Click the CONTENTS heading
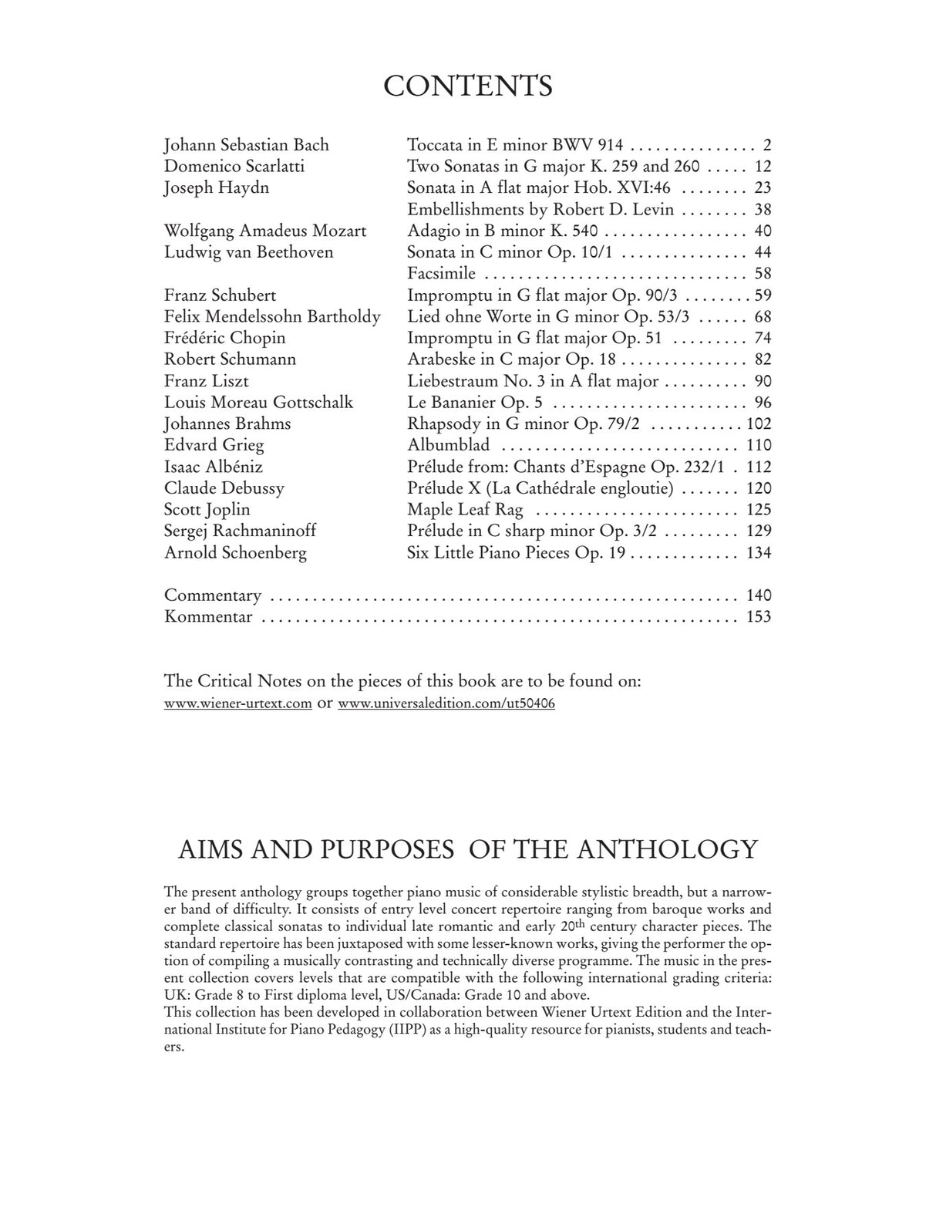tap(468, 86)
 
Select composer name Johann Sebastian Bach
tap(247, 145)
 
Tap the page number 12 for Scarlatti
tap(763, 167)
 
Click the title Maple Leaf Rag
tap(465, 510)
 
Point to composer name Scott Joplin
tap(207, 510)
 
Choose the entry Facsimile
tap(441, 274)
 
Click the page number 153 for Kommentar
tap(759, 617)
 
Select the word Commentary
tap(213, 595)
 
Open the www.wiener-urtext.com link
tap(238, 703)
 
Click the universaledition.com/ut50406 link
tap(446, 703)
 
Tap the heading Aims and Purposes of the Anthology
tap(468, 849)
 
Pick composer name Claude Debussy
tap(224, 488)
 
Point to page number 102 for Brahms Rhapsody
tap(759, 424)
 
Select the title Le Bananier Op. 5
tap(475, 403)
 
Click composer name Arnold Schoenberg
tap(235, 553)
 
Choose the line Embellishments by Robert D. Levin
tap(540, 210)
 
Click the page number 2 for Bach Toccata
tap(766, 145)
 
